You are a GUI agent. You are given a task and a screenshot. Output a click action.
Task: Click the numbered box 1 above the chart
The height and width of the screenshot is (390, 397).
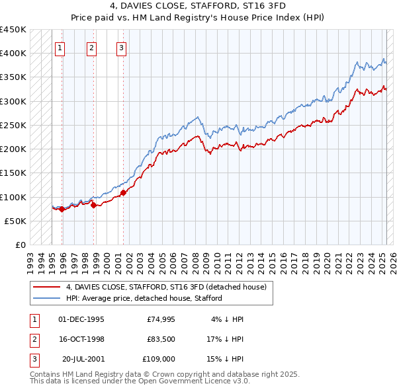coord(60,47)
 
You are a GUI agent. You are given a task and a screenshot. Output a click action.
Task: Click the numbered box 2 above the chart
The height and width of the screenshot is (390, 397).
coord(91,47)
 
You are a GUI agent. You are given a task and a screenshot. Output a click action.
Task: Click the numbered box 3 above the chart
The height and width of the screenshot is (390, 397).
coord(122,47)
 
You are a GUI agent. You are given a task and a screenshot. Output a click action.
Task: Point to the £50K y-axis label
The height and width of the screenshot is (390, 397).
coord(15,221)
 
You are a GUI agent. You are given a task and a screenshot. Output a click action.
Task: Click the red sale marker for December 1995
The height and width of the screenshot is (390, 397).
coord(62,210)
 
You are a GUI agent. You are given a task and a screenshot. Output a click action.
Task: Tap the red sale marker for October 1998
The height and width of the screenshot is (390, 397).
coord(93,205)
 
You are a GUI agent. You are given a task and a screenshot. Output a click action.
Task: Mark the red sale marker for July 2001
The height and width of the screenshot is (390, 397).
coord(124,193)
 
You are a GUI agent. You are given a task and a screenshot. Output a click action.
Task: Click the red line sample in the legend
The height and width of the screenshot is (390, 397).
coord(47,287)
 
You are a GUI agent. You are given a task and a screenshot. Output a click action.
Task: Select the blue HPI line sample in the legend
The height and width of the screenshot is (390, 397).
coord(47,298)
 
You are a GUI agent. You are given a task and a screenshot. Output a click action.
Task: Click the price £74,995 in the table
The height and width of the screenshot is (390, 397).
coord(160,319)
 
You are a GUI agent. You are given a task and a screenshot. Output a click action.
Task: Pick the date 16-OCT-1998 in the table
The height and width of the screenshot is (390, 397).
coord(81,339)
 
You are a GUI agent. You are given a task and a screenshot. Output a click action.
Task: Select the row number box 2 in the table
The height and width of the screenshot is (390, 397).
coord(33,339)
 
